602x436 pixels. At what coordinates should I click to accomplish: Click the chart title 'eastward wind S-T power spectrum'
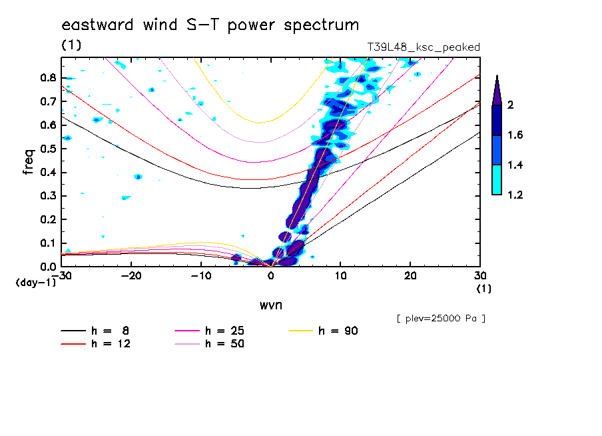[x=210, y=25]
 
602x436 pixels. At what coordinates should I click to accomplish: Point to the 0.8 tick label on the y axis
[x=47, y=77]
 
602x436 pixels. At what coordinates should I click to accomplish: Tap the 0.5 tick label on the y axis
[x=47, y=149]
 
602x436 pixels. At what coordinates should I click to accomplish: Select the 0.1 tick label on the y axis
[x=47, y=243]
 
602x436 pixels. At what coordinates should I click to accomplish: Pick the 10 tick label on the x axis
[x=341, y=275]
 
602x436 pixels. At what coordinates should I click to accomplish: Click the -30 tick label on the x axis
[x=61, y=275]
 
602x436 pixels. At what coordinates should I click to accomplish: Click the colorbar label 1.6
[x=514, y=135]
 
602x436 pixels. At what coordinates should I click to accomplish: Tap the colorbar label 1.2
[x=514, y=195]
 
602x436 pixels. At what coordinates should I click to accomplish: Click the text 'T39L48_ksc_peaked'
[x=424, y=47]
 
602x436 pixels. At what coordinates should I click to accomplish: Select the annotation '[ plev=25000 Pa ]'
[x=441, y=319]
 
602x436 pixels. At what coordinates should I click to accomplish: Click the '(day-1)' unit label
[x=36, y=283]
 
